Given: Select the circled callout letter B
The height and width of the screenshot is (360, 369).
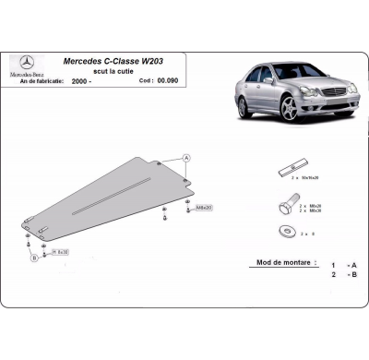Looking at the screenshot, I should tap(34, 258).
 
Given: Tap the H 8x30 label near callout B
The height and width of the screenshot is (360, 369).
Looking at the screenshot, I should tap(62, 251).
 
